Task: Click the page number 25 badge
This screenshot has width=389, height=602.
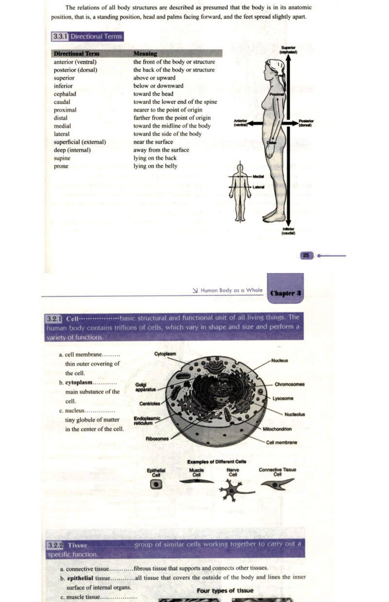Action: pos(306,255)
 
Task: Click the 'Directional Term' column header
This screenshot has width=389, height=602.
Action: pos(77,54)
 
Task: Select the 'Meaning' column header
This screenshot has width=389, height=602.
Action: pos(145,54)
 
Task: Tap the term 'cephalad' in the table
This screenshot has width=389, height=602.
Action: pos(65,94)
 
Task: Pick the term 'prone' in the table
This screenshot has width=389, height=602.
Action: pos(61,166)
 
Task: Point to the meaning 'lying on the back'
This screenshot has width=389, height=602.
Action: pos(155,158)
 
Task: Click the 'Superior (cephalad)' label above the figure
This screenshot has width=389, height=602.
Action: pos(288,50)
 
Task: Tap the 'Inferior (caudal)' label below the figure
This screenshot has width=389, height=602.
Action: pos(288,231)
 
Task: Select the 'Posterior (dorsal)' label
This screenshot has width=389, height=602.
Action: pos(306,123)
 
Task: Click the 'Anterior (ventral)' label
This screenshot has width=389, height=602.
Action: pos(240,123)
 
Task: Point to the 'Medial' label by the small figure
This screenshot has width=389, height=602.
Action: pos(258,177)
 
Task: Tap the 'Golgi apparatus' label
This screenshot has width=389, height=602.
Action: pos(145,387)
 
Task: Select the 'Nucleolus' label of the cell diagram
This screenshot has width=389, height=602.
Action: pos(295,414)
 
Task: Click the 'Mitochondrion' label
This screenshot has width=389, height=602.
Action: pos(277,429)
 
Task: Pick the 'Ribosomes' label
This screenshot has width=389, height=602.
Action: pos(157,439)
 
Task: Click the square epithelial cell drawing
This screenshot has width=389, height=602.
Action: pos(156,484)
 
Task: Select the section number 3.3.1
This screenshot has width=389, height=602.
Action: pos(60,36)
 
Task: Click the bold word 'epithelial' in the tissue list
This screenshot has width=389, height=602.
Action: pos(80,578)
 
